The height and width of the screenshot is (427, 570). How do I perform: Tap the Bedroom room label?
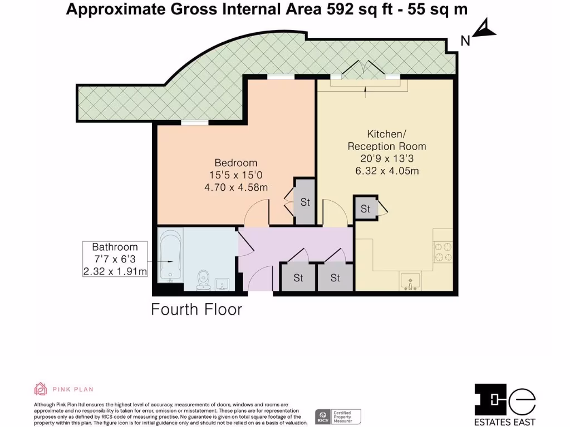click(236, 163)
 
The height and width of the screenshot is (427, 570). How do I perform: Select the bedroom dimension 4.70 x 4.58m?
click(236, 187)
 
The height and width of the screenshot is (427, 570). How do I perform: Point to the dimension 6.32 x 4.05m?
click(387, 171)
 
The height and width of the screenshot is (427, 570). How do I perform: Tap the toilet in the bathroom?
click(203, 280)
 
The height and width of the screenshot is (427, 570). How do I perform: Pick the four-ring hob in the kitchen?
click(443, 251)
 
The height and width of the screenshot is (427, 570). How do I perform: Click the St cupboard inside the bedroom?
click(304, 202)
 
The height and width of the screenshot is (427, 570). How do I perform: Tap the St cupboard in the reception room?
click(366, 209)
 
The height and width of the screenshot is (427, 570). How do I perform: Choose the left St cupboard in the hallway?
click(298, 277)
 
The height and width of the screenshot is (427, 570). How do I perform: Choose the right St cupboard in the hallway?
click(335, 277)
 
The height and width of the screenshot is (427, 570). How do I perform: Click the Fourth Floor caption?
click(196, 309)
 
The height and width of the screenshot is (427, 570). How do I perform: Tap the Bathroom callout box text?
click(115, 259)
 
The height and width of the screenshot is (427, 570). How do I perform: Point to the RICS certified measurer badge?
click(338, 415)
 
